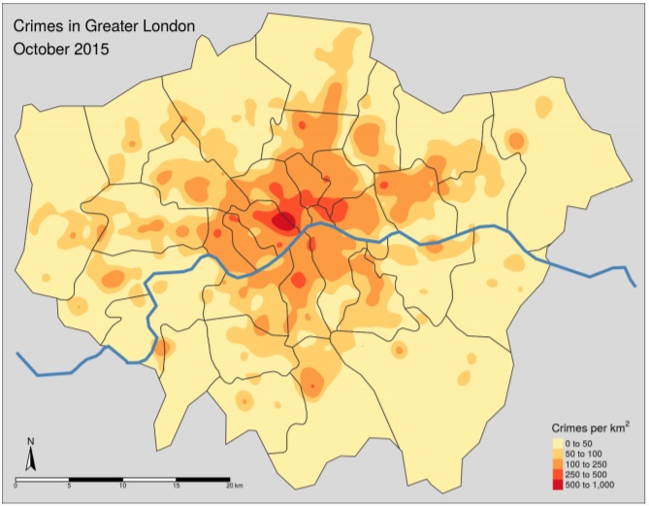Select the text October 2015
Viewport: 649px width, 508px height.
click(60, 46)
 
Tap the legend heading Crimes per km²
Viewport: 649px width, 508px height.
click(592, 427)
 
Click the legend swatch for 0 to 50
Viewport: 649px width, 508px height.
click(559, 442)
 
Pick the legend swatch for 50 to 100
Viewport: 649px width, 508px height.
click(559, 453)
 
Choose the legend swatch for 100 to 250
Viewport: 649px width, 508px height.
click(559, 463)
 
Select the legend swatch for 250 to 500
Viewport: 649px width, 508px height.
click(559, 474)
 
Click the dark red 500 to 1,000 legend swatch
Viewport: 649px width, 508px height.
click(559, 485)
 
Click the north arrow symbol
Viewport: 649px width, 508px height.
click(30, 460)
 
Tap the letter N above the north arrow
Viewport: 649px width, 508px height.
click(30, 443)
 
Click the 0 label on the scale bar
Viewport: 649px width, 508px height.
click(16, 486)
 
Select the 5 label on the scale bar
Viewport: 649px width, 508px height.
click(69, 486)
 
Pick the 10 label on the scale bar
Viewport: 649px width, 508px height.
click(122, 486)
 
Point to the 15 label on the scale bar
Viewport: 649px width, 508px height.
click(176, 486)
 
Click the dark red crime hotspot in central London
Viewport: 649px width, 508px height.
click(283, 222)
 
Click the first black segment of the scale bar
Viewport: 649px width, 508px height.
click(43, 479)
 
